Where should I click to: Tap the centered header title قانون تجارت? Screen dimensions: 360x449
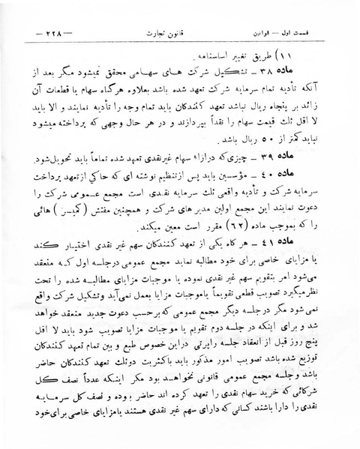coord(181,34)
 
